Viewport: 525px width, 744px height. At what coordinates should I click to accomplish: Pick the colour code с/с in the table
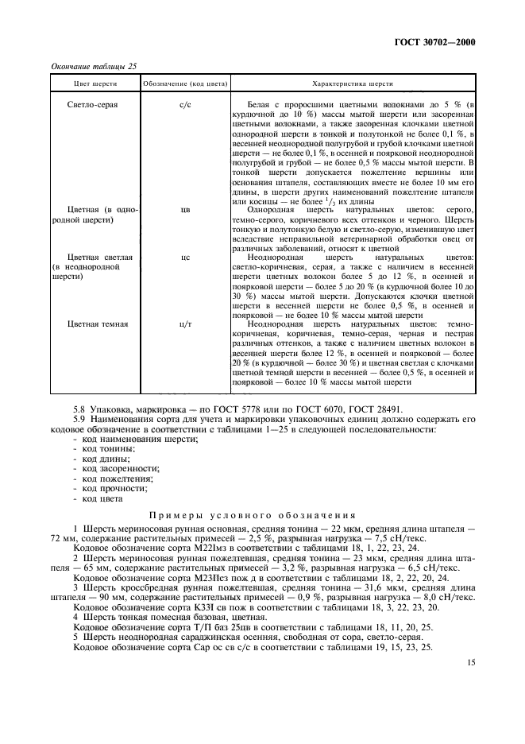[185, 106]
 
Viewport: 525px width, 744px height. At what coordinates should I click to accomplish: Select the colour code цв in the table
[185, 211]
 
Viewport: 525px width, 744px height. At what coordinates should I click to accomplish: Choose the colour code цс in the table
[185, 258]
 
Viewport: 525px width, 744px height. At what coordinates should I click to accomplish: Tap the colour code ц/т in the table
[185, 324]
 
